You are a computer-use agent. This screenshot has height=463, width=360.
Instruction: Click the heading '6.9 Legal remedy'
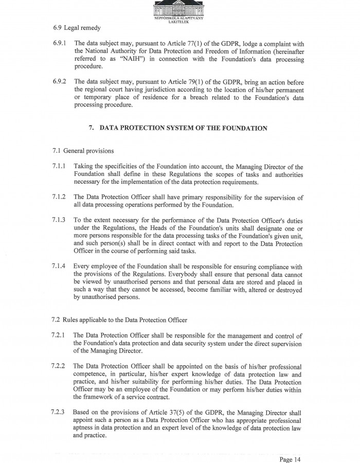76,27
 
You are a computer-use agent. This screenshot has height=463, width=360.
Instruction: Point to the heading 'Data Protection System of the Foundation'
178,128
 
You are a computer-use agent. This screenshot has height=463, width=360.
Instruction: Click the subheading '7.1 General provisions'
83,151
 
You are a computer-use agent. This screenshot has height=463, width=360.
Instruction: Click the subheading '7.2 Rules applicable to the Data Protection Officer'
119,320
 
